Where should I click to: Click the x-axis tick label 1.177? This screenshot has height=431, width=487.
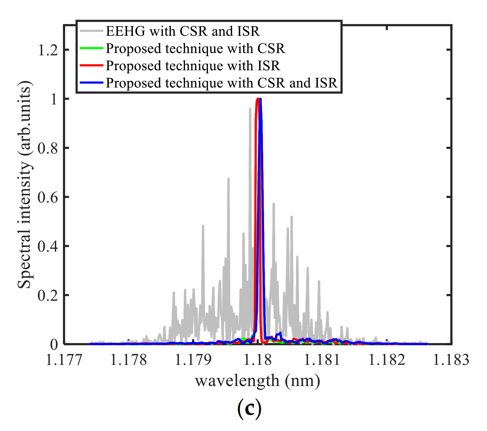pyautogui.click(x=64, y=360)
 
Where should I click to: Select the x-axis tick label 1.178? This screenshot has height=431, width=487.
pyautogui.click(x=128, y=360)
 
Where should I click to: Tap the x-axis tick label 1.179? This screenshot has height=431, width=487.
pyautogui.click(x=193, y=360)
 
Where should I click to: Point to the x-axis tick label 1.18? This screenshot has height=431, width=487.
pyautogui.click(x=258, y=360)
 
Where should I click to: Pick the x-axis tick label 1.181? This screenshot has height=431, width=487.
pyautogui.click(x=322, y=360)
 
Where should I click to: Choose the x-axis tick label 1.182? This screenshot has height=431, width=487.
pyautogui.click(x=387, y=360)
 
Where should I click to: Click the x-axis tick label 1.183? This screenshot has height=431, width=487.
pyautogui.click(x=451, y=360)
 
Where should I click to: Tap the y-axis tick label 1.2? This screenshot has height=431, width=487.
pyautogui.click(x=48, y=50)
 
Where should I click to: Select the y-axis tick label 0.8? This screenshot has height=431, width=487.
pyautogui.click(x=48, y=149)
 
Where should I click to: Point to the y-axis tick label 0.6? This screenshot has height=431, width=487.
pyautogui.click(x=48, y=197)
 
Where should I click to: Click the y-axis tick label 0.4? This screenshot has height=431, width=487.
pyautogui.click(x=48, y=247)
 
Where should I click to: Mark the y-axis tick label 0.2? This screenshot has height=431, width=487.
pyautogui.click(x=48, y=296)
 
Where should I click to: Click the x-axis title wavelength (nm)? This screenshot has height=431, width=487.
pyautogui.click(x=257, y=381)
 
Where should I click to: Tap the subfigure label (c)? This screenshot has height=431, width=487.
pyautogui.click(x=249, y=409)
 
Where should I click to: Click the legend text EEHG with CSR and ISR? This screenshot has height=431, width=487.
pyautogui.click(x=183, y=31)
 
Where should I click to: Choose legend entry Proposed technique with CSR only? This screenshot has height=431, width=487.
pyautogui.click(x=195, y=48)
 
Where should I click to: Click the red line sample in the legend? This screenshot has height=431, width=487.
pyautogui.click(x=91, y=65)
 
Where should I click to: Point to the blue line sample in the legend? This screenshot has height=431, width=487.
pyautogui.click(x=91, y=83)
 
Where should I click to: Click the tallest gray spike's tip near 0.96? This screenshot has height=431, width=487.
pyautogui.click(x=250, y=109)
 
